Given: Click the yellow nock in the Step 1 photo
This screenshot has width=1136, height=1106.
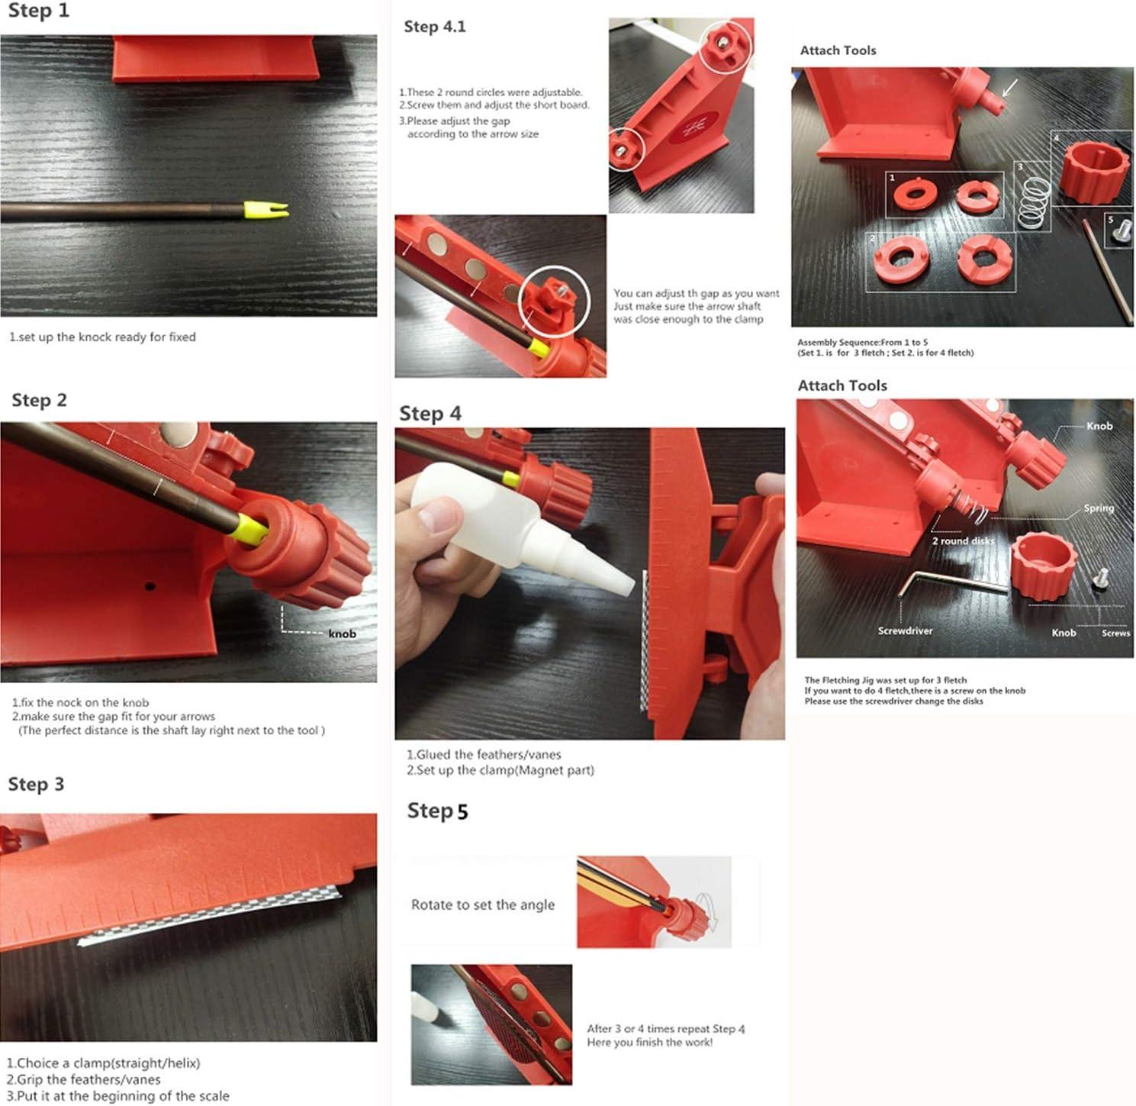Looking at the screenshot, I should point(265,210).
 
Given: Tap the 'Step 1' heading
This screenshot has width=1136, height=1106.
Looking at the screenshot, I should point(38,11).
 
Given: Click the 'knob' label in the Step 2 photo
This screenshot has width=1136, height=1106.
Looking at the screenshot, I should point(342,634).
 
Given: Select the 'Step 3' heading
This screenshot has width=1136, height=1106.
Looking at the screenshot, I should point(36,784).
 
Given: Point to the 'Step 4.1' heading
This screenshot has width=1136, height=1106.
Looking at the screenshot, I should point(434,27).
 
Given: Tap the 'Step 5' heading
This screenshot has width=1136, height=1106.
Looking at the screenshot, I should point(437,811).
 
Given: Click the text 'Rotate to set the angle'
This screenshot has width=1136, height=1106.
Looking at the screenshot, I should point(482,904).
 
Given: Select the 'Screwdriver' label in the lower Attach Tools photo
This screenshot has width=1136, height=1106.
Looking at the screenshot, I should point(905,630).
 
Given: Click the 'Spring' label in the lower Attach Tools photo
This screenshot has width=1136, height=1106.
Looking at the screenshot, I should point(1099,508).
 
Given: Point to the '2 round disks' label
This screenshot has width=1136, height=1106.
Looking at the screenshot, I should point(963,540).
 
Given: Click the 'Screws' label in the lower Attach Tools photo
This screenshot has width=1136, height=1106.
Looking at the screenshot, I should point(1115,633).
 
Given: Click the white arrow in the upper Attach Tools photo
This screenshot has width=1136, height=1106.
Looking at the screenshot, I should point(1009,89).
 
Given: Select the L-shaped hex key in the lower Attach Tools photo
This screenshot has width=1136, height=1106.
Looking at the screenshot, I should point(946,583).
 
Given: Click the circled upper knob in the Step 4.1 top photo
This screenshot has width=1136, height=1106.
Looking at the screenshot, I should point(724,44).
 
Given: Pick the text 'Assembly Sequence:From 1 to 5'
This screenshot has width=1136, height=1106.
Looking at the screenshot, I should point(862,342).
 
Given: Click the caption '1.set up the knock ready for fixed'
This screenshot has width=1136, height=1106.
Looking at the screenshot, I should point(102,337).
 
